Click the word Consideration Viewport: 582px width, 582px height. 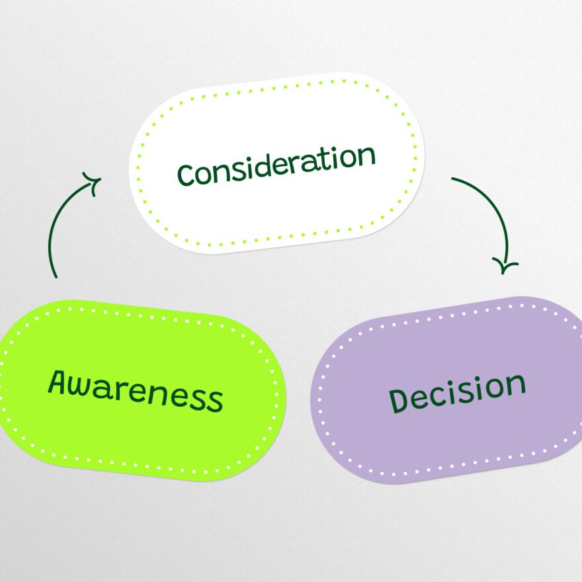click(x=276, y=164)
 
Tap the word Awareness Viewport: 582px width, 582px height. click(x=135, y=391)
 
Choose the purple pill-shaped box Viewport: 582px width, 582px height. click(x=450, y=443)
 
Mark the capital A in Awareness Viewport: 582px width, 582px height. click(x=60, y=382)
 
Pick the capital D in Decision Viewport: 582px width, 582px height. click(x=398, y=401)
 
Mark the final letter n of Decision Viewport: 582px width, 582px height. click(x=515, y=384)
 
